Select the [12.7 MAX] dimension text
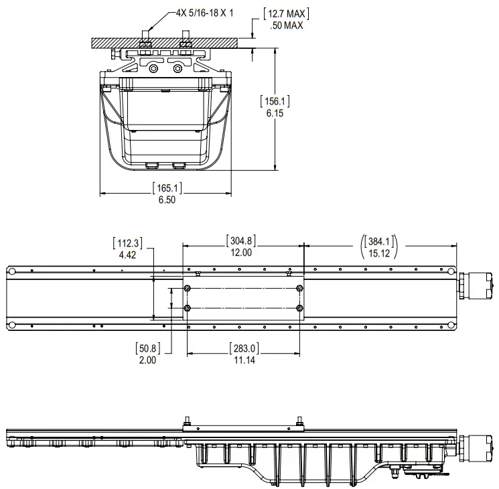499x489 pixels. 286,13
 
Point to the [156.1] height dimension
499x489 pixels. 275,102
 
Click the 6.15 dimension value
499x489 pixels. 275,114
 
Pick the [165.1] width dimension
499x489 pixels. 167,188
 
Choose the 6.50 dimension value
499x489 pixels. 167,200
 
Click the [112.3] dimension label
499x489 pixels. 127,242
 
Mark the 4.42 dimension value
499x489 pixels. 127,255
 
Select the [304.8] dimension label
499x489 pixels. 242,240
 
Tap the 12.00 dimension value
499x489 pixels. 242,253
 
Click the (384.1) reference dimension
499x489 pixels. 379,240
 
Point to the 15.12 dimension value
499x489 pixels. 379,253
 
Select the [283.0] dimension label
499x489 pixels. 242,348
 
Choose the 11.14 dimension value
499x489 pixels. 242,360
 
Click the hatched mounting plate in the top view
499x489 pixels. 165,42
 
